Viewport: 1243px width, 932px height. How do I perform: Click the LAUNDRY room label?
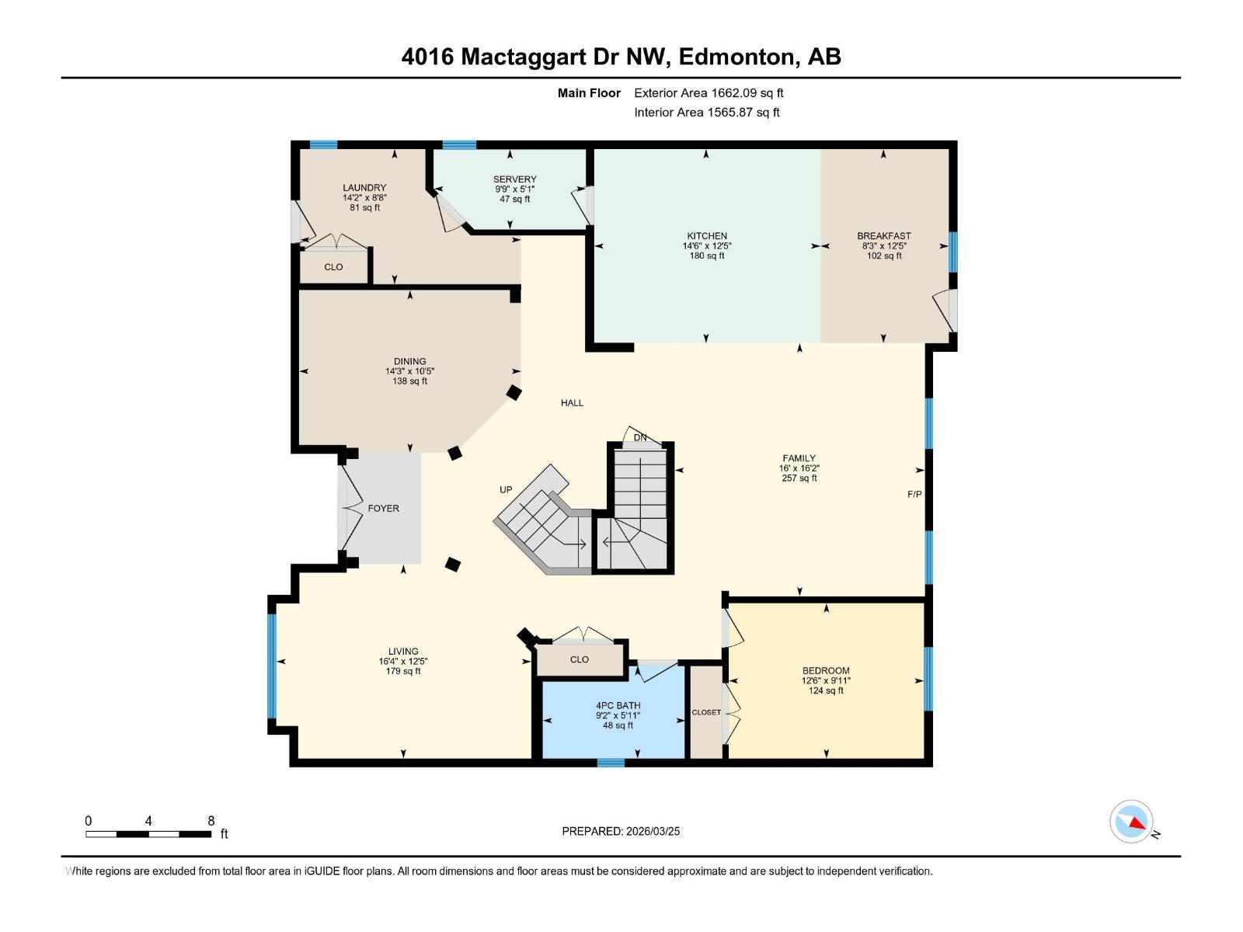(364, 187)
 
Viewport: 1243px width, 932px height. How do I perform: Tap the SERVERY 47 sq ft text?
(514, 200)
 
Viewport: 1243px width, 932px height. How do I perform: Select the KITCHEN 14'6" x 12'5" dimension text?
(707, 245)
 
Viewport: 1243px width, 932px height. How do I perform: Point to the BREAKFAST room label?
(884, 235)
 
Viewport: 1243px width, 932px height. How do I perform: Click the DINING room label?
(409, 361)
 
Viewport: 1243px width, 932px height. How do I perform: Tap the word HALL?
(572, 402)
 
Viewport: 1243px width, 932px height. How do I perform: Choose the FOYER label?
(383, 508)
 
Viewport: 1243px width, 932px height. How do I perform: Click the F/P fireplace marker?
(914, 494)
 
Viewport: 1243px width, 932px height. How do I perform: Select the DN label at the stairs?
(640, 437)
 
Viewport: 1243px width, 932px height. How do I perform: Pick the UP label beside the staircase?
(506, 489)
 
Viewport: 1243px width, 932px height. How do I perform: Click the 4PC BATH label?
(618, 705)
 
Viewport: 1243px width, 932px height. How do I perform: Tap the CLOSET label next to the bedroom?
(706, 712)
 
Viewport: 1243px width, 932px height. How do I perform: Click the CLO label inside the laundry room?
(333, 266)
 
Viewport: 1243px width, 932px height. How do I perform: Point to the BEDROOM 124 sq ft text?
(825, 690)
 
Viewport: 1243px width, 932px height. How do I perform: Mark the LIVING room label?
(403, 651)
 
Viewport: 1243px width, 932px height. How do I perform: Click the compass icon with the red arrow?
(1131, 822)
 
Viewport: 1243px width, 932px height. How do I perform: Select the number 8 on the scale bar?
(211, 820)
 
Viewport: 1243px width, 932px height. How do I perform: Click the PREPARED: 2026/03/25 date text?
(621, 831)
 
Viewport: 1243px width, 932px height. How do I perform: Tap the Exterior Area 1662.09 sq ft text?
(709, 92)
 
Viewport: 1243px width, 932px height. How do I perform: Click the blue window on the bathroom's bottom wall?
(611, 763)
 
